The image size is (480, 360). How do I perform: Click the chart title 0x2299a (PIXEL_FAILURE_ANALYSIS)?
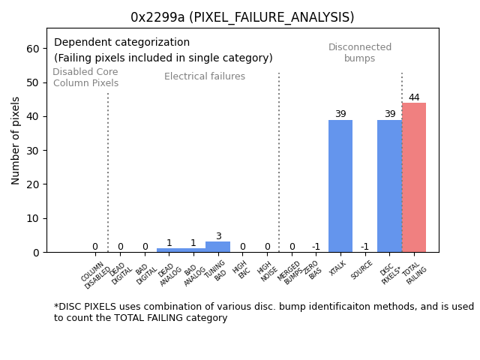(242, 17)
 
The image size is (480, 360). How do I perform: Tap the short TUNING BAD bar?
(218, 247)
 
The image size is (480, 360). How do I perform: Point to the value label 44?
(414, 97)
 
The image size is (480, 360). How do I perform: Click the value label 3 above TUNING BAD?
(218, 236)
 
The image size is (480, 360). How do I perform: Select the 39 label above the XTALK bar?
(340, 114)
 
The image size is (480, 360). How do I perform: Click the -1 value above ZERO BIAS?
(316, 247)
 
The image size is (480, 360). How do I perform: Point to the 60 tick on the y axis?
(34, 49)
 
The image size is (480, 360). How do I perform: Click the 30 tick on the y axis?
(34, 151)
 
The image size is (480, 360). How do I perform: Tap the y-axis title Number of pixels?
(16, 140)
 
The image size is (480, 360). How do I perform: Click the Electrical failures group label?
(205, 76)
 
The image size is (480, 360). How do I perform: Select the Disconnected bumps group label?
(360, 53)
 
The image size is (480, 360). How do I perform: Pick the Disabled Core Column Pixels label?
(85, 77)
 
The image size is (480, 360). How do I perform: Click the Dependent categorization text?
(121, 43)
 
